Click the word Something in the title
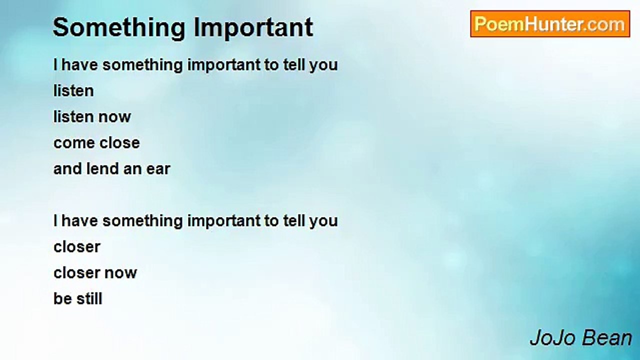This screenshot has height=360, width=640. pyautogui.click(x=119, y=28)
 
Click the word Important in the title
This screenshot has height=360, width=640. pyautogui.click(x=253, y=27)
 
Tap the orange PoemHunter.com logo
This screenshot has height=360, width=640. pyautogui.click(x=550, y=24)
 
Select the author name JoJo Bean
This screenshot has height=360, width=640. pyautogui.click(x=580, y=338)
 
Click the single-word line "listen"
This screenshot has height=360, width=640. pyautogui.click(x=73, y=91)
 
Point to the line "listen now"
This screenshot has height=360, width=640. pyautogui.click(x=92, y=117)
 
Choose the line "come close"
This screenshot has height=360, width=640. pyautogui.click(x=96, y=143)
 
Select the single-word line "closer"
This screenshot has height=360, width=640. pyautogui.click(x=77, y=247)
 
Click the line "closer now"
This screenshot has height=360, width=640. pyautogui.click(x=95, y=273)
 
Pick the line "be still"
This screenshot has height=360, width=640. pyautogui.click(x=77, y=299)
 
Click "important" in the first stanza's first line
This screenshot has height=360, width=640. pyautogui.click(x=224, y=65)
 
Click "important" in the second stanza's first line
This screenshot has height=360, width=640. pyautogui.click(x=224, y=221)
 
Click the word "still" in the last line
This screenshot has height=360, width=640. pyautogui.click(x=89, y=299)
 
